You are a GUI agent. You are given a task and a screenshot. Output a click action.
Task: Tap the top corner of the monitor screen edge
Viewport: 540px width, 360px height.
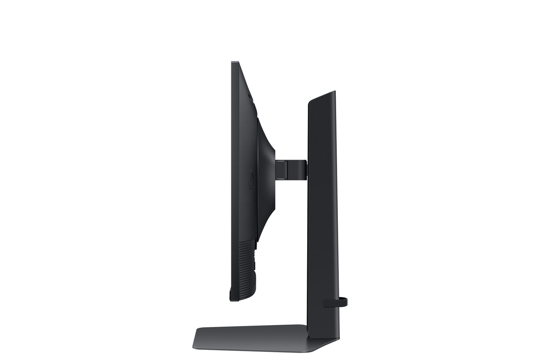pos(233,62)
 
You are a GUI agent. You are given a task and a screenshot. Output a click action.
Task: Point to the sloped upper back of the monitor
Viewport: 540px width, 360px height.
pos(246,84)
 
